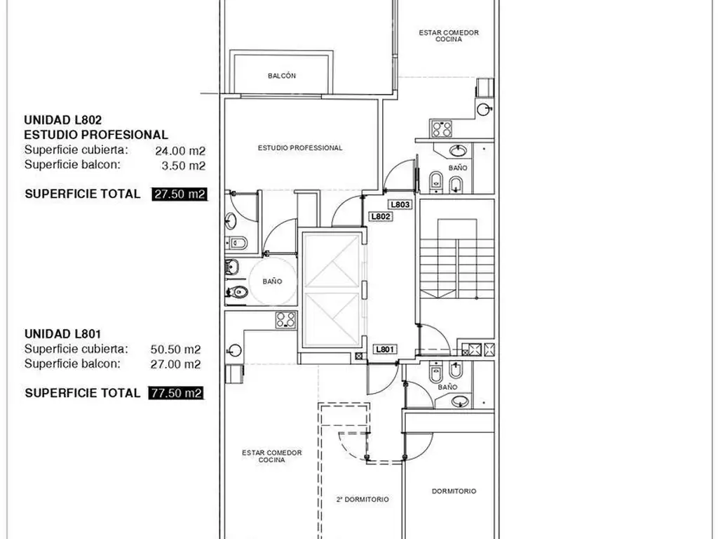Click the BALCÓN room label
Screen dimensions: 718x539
[282, 76]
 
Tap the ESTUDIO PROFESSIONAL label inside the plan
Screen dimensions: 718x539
[300, 148]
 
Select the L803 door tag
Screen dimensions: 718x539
[400, 205]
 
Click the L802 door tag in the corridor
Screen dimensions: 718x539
[381, 217]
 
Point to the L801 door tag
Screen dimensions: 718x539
[385, 350]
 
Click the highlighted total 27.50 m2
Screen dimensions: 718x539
[179, 194]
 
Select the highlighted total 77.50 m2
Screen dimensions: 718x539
[176, 393]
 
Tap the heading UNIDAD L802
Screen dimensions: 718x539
[62, 120]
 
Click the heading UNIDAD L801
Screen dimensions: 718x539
[62, 334]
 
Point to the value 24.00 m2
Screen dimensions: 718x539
[180, 151]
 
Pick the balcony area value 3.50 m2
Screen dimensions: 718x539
[184, 166]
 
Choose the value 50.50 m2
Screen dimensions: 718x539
[176, 350]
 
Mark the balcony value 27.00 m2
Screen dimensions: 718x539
[176, 364]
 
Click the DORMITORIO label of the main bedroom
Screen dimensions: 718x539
[454, 491]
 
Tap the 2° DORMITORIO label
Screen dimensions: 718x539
[363, 500]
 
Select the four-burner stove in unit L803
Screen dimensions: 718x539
[442, 129]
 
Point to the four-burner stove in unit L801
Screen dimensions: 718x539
[286, 320]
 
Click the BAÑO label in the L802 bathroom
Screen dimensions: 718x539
[273, 281]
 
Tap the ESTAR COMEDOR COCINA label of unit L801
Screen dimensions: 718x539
[272, 456]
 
